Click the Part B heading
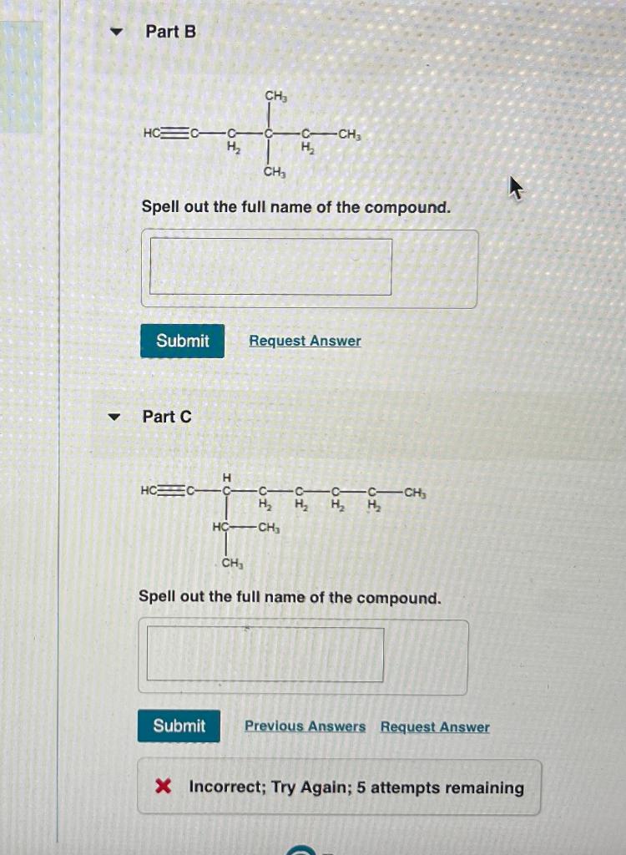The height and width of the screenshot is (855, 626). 170,32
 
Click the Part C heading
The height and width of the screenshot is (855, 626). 167,417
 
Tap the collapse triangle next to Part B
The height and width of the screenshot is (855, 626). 117,33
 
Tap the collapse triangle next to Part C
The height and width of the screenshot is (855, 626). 114,417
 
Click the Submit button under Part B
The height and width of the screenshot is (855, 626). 182,341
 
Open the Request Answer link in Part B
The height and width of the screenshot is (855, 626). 305,341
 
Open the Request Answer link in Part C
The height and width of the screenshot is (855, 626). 435,726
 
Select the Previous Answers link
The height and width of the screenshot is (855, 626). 305,726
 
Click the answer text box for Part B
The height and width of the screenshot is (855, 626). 270,267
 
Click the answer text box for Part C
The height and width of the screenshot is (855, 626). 265,655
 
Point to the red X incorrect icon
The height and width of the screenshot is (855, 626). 164,787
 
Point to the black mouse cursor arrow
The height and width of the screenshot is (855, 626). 516,189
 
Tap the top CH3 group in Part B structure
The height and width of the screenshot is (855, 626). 276,97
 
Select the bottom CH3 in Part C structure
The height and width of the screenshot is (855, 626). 233,564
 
